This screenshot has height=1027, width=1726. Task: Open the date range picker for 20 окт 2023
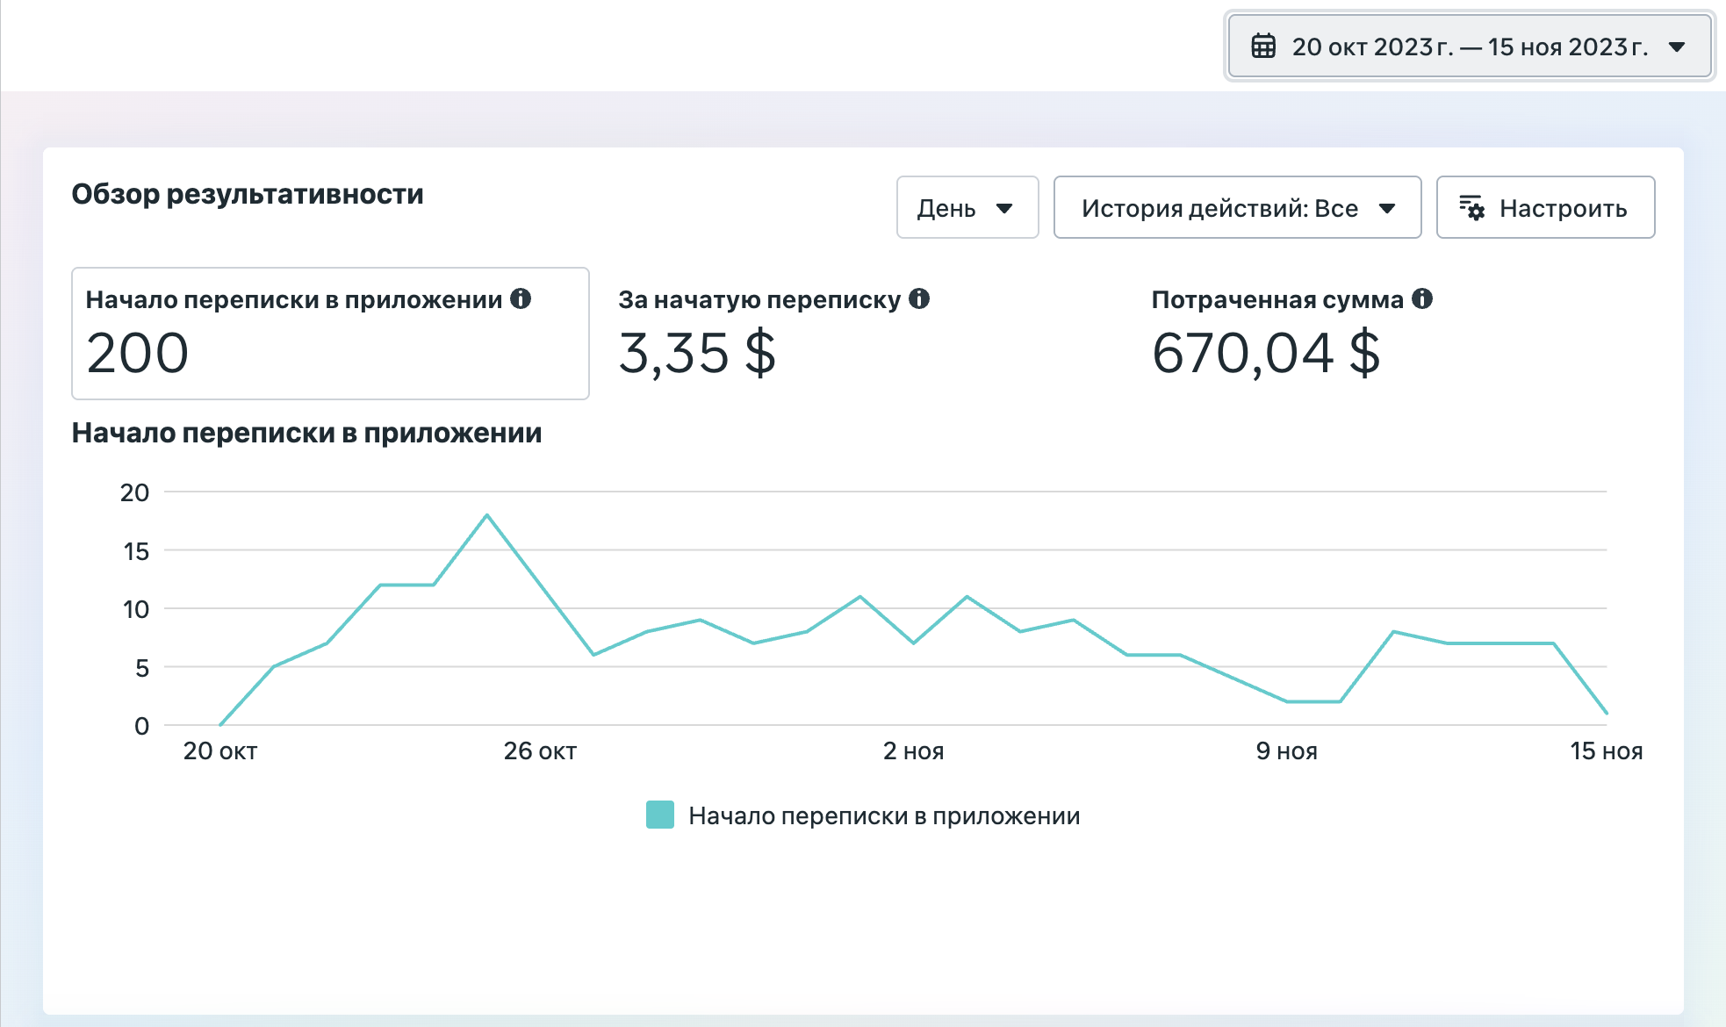[x=1469, y=47]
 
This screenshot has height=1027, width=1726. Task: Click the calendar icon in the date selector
[x=1263, y=46]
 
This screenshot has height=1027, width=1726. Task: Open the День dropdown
[x=967, y=207]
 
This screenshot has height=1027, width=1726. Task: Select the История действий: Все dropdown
[x=1237, y=207]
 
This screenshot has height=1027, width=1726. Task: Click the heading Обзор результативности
[x=248, y=194]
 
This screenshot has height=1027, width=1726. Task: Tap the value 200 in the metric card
[x=138, y=353]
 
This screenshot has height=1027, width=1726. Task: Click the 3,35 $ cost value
[x=697, y=353]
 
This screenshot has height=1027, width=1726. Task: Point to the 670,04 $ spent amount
[x=1266, y=353]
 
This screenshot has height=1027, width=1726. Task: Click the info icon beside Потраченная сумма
[x=1422, y=298]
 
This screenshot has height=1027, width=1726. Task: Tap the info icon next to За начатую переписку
[x=919, y=298]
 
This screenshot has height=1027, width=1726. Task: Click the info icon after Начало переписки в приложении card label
[x=521, y=298]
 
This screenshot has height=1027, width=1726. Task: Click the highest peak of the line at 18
[x=486, y=515]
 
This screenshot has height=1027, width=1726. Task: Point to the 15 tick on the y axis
[x=136, y=551]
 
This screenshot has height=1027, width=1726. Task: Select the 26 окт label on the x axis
[x=540, y=751]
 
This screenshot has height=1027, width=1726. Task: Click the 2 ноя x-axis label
[x=913, y=751]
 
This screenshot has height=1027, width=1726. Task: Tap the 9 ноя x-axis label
[x=1286, y=751]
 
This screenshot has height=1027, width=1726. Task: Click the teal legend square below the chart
[x=660, y=815]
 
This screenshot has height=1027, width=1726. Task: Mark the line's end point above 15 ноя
[x=1607, y=714]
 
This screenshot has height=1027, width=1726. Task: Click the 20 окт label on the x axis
[x=220, y=751]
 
